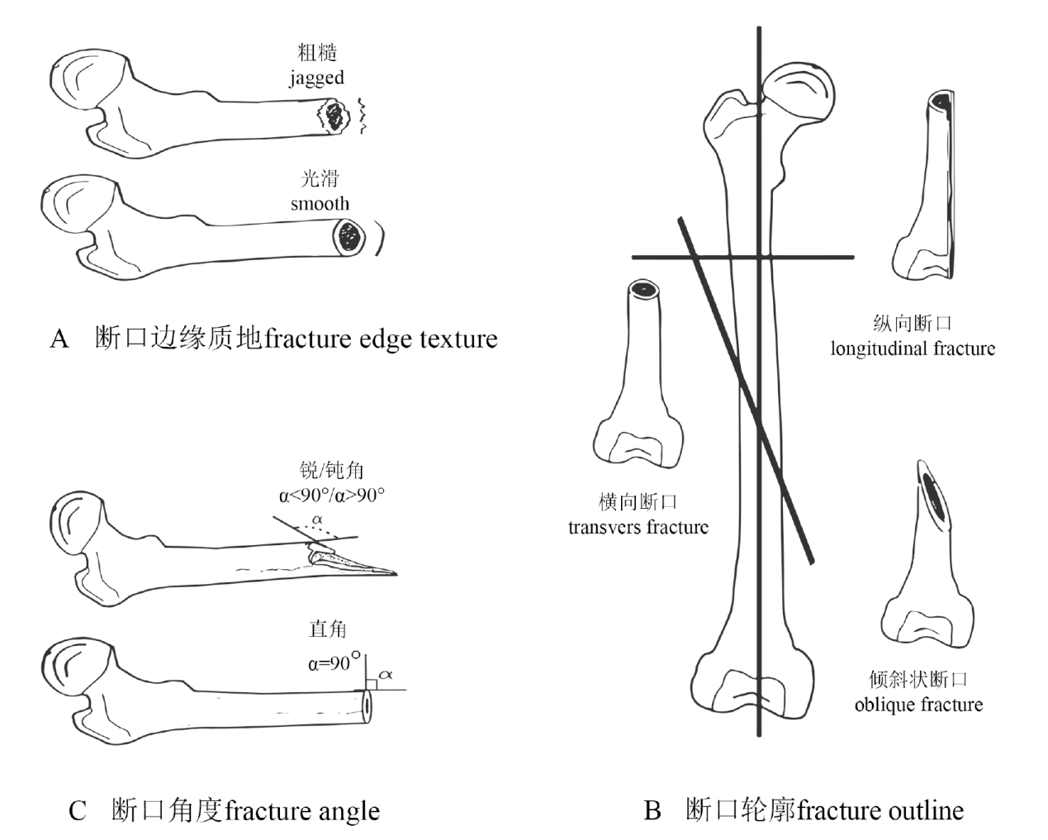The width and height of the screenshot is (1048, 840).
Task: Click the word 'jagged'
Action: (316, 79)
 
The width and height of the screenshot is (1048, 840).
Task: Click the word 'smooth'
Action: (320, 204)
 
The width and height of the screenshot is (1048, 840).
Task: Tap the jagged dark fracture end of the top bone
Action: (334, 116)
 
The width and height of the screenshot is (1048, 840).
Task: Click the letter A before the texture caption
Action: (59, 339)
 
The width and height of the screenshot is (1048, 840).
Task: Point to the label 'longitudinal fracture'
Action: (913, 349)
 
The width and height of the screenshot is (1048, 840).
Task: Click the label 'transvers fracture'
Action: (638, 528)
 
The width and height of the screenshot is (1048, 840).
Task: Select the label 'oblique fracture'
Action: (918, 705)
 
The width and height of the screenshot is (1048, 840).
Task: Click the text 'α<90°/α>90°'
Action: (332, 496)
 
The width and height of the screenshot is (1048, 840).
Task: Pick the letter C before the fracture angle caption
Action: (78, 811)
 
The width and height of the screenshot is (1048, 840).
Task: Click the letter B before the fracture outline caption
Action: (652, 810)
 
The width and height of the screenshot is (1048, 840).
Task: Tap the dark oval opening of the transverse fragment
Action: (643, 289)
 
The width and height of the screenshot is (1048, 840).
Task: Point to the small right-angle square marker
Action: (371, 682)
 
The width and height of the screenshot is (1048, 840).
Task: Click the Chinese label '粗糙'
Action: (317, 53)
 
